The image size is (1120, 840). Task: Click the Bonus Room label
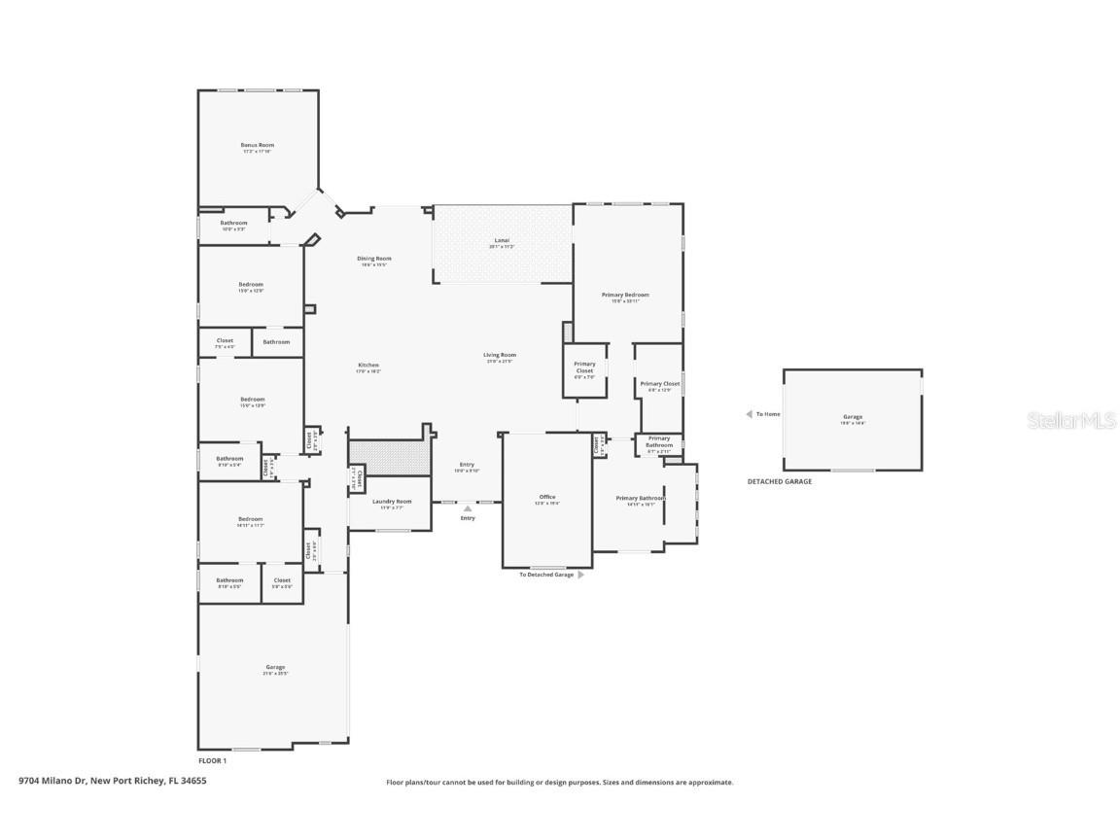(258, 145)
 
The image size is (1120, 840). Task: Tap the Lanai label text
(502, 240)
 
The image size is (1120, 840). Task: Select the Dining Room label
(374, 259)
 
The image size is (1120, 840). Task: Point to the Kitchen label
(367, 365)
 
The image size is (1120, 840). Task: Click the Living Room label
(500, 355)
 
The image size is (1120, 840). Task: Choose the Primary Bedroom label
(625, 295)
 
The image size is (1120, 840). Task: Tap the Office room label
(547, 497)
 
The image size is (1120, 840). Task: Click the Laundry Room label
(392, 502)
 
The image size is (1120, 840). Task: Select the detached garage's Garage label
(853, 417)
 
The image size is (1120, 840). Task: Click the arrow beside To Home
(749, 414)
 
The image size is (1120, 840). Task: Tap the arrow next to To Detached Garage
(581, 575)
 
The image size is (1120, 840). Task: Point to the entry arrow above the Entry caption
(468, 507)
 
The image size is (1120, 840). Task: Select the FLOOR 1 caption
(212, 760)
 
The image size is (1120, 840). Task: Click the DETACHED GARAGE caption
(779, 481)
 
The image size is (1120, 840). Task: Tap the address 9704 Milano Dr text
(113, 780)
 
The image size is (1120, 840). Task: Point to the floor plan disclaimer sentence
(560, 782)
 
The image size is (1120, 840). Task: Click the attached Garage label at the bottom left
(275, 667)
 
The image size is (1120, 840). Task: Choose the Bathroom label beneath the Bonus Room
(233, 223)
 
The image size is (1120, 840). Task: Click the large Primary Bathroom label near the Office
(641, 498)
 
